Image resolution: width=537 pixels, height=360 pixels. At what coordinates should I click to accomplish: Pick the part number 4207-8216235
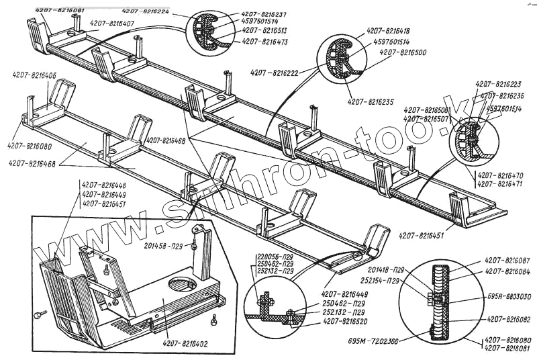[371, 101]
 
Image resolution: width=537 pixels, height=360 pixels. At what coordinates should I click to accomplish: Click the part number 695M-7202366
[373, 342]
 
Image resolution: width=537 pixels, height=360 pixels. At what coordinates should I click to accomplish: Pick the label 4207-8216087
[507, 260]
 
